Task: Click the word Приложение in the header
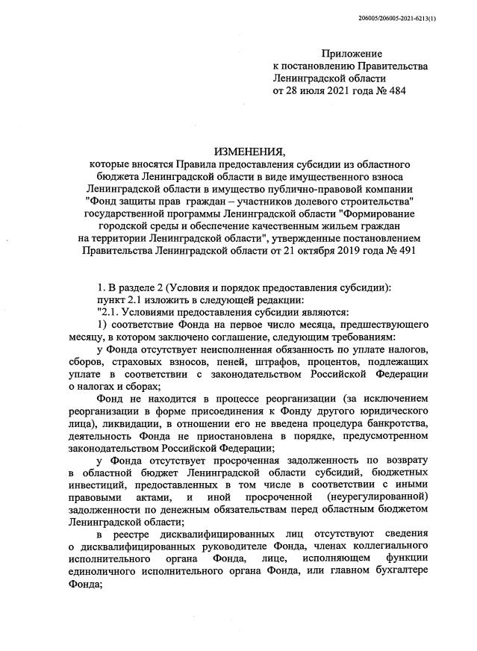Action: click(x=351, y=54)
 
